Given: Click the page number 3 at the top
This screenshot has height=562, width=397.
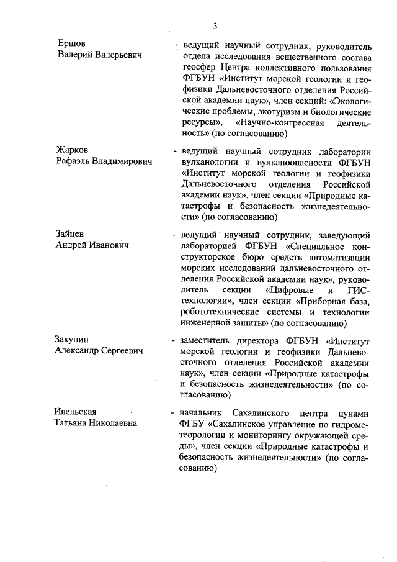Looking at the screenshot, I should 215,26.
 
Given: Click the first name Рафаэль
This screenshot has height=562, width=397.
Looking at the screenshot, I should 73,161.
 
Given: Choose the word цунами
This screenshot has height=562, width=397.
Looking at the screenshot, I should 355,412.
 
